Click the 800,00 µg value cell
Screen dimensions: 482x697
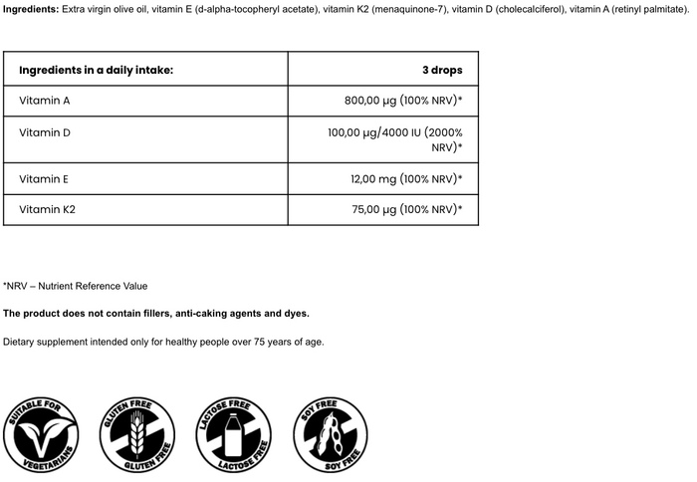pyautogui.click(x=402, y=102)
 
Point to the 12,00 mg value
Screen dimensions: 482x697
pyautogui.click(x=406, y=179)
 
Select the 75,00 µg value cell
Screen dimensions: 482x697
pyautogui.click(x=406, y=210)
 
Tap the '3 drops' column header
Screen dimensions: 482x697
pyautogui.click(x=442, y=71)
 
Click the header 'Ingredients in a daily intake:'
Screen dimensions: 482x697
pyautogui.click(x=96, y=71)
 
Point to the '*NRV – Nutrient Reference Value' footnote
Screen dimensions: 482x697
pyautogui.click(x=76, y=286)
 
